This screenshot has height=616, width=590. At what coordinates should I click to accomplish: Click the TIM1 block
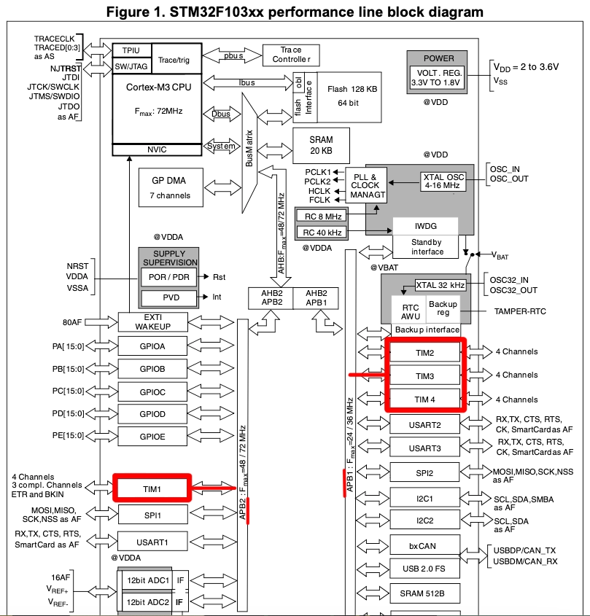(152, 487)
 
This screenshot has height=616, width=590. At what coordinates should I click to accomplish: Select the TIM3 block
(426, 376)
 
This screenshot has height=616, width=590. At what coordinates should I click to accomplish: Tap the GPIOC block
(152, 392)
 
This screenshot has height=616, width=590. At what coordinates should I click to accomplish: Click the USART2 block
(426, 424)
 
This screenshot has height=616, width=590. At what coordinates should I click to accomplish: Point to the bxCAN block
(426, 545)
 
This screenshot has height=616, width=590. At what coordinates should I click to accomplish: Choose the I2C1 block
(426, 498)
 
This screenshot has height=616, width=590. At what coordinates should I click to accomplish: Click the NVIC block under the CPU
(156, 149)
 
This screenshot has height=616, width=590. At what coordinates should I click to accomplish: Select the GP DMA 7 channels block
(170, 189)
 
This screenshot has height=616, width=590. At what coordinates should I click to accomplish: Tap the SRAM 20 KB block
(321, 144)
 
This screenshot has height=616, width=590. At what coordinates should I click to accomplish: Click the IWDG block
(426, 226)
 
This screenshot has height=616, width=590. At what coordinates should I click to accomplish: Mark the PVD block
(170, 297)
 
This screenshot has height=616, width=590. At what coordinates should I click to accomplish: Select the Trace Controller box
(291, 54)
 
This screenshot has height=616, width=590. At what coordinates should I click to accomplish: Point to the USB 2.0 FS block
(426, 568)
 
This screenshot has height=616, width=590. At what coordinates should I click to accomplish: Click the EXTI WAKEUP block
(152, 321)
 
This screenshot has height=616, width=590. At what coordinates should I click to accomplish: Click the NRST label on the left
(77, 266)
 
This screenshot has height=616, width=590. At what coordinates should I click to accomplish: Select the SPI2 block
(426, 473)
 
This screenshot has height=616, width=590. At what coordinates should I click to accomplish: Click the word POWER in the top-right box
(438, 58)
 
